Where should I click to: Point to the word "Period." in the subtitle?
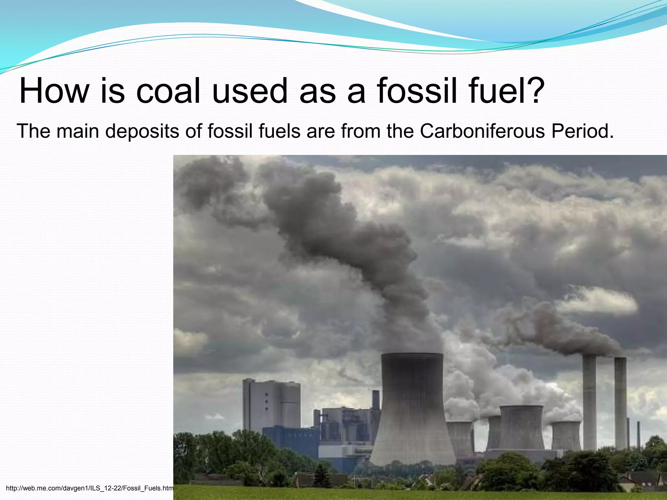[583, 131]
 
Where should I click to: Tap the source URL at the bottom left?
[90, 488]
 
